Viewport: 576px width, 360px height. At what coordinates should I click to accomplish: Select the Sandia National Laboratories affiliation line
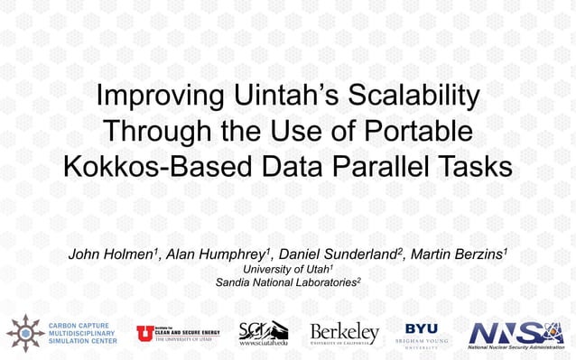coord(288,282)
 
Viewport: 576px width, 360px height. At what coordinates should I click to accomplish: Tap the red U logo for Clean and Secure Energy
coord(144,333)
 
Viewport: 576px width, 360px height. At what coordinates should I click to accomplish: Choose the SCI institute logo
coord(264,332)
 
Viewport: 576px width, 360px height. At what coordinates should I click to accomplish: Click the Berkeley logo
coord(344,332)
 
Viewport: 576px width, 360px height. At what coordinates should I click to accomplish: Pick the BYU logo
coord(422,332)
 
